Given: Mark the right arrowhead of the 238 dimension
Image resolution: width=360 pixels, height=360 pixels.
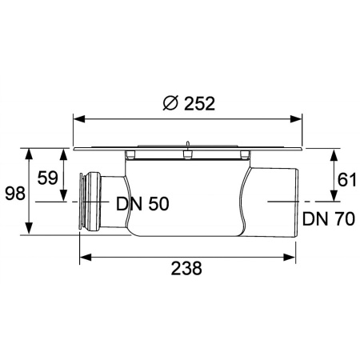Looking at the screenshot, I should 294,256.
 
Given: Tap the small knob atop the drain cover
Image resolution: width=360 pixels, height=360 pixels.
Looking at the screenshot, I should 186,146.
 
